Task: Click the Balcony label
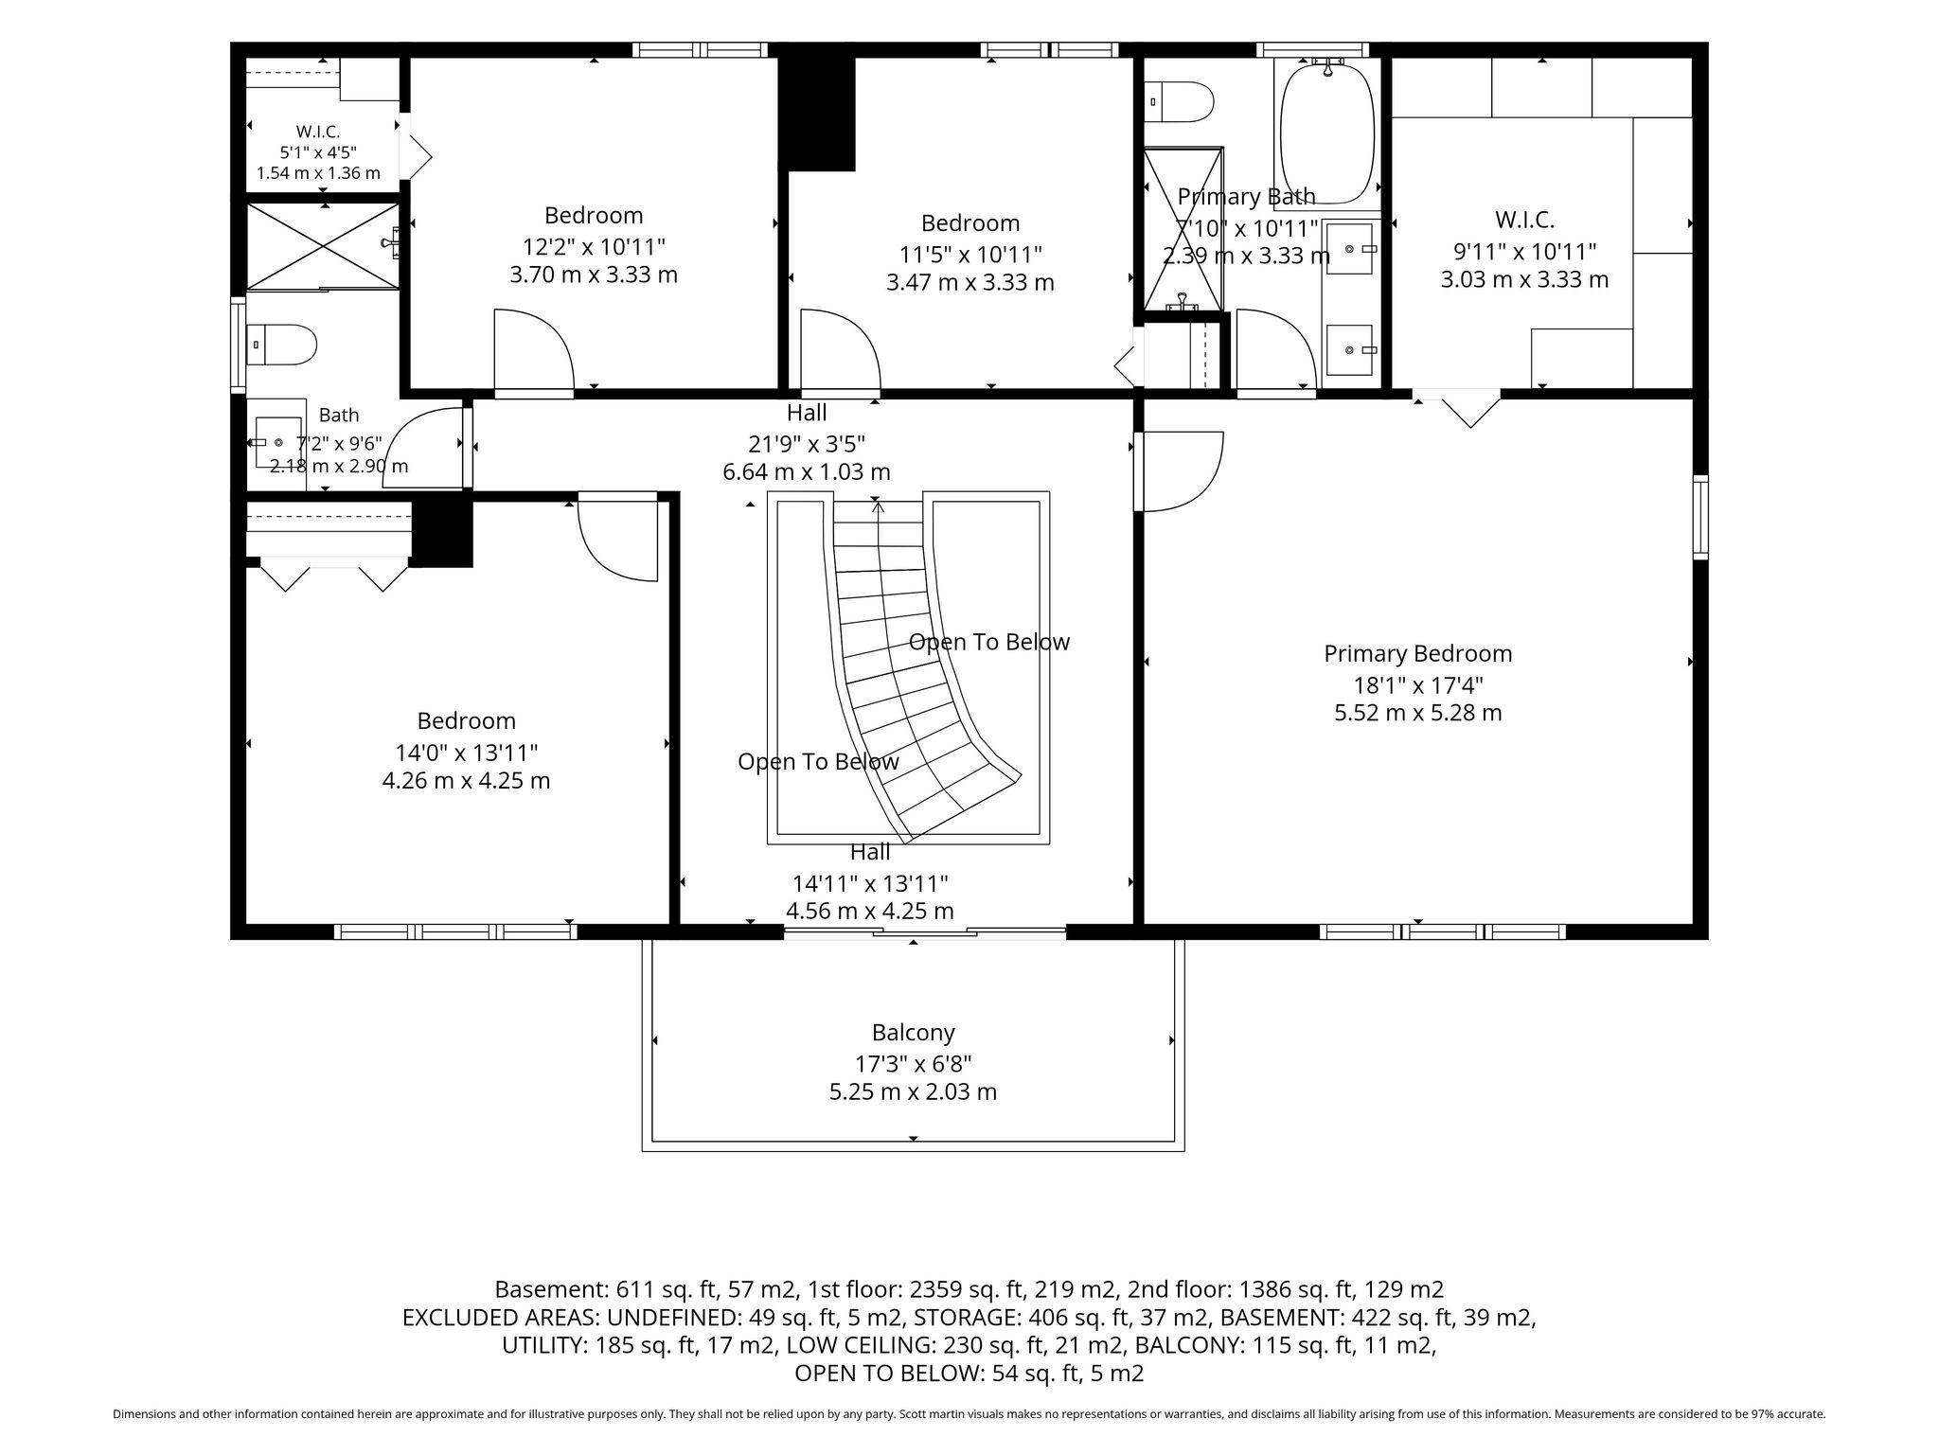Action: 913,1032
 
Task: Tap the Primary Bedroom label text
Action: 1417,653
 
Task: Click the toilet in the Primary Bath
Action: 1179,102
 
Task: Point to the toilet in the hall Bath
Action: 280,345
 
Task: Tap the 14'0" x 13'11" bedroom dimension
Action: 466,753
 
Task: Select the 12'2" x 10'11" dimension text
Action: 594,247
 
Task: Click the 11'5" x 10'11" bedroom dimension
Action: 970,255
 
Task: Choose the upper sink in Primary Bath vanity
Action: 1349,248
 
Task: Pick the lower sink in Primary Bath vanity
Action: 1349,350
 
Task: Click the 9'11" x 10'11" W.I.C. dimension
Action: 1524,252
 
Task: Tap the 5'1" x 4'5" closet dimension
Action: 318,152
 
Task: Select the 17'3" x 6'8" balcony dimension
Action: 913,1063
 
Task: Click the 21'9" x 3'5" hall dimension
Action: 806,443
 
